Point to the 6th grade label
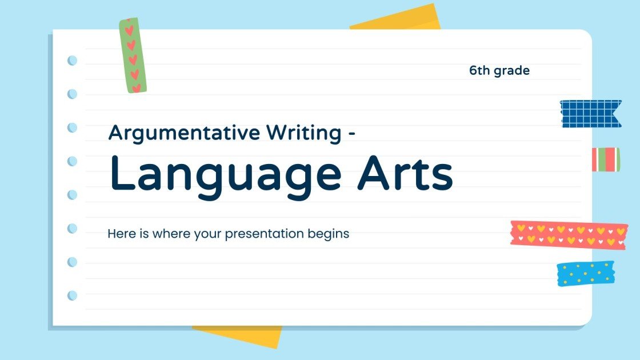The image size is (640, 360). (499, 71)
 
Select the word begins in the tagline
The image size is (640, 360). (329, 234)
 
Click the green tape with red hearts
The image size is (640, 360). (133, 55)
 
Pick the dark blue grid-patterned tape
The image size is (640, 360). (590, 114)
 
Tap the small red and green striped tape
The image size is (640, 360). (605, 159)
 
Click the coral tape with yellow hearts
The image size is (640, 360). (569, 235)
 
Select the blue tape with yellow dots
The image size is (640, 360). (585, 274)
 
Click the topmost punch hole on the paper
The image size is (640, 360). (73, 60)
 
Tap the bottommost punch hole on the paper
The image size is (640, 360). (73, 295)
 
